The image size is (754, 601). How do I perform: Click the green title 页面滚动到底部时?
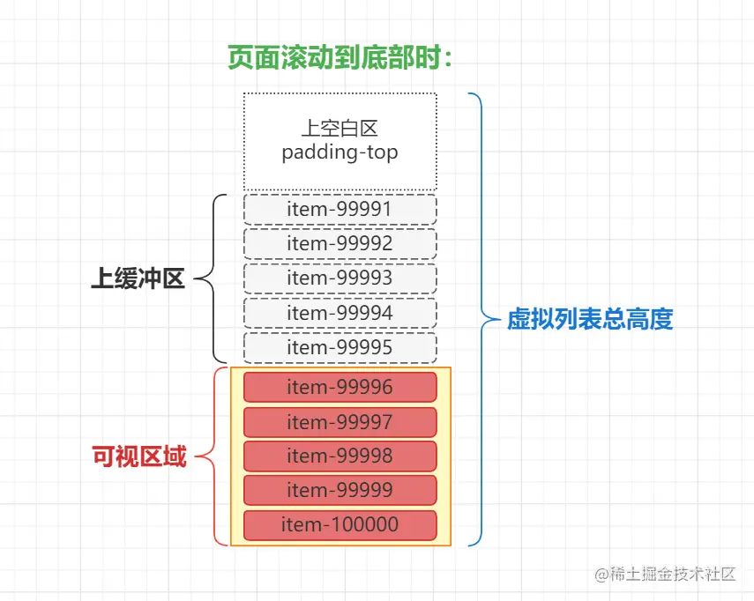pyautogui.click(x=340, y=58)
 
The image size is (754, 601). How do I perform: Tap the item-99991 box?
pyautogui.click(x=340, y=210)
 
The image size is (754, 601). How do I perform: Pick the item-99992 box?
pyautogui.click(x=340, y=244)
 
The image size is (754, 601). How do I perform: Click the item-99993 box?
pyautogui.click(x=340, y=278)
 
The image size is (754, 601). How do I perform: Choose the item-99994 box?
pyautogui.click(x=340, y=313)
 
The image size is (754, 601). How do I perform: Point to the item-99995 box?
pyautogui.click(x=340, y=348)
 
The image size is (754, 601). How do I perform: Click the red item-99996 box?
pyautogui.click(x=340, y=388)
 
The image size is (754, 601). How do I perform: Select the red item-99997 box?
pyautogui.click(x=340, y=422)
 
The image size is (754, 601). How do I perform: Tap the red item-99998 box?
pyautogui.click(x=340, y=456)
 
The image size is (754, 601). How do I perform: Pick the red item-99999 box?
pyautogui.click(x=340, y=491)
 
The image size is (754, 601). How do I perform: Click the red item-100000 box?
pyautogui.click(x=340, y=525)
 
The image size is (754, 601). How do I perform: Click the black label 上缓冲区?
pyautogui.click(x=138, y=279)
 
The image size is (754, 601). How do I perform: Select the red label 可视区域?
pyautogui.click(x=139, y=456)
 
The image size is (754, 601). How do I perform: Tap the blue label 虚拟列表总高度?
pyautogui.click(x=590, y=319)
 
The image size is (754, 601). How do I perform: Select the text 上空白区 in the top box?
pyautogui.click(x=340, y=129)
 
